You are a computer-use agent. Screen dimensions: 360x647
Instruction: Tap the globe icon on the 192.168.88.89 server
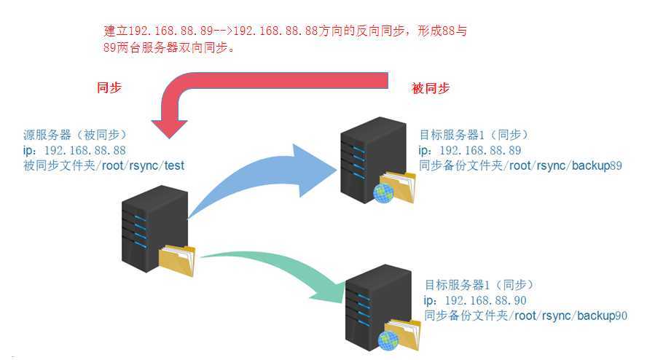pos(383,192)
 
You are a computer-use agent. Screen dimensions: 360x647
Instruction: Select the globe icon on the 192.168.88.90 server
pos(388,340)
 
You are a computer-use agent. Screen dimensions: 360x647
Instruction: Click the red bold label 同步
pos(109,87)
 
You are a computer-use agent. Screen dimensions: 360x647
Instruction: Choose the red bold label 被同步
pos(431,88)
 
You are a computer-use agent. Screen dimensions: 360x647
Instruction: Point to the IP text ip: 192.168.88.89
pos(470,150)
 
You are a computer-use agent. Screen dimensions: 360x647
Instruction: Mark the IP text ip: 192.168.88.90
pos(475,300)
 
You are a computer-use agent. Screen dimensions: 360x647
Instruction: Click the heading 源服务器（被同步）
pos(74,135)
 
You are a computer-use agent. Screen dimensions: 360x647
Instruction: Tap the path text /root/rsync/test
pos(146,165)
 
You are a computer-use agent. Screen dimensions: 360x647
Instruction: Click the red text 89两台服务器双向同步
pos(168,49)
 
